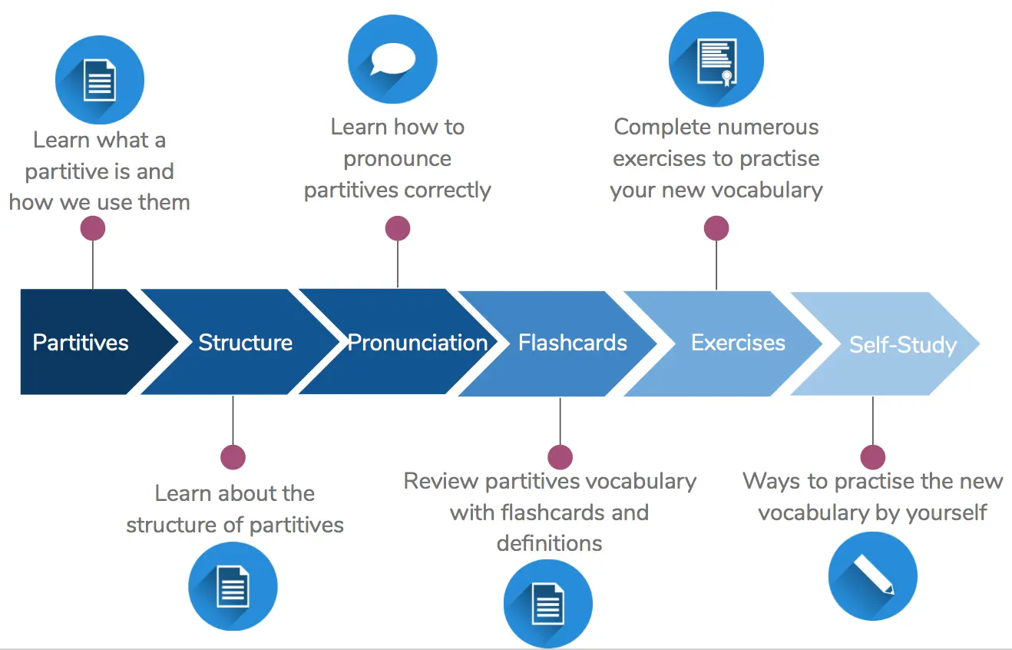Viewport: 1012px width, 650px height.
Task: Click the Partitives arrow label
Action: [x=81, y=343]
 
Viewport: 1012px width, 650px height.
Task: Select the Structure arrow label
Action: [x=245, y=343]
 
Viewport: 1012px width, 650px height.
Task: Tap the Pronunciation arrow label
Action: [x=418, y=343]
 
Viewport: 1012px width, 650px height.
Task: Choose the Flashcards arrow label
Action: [x=572, y=343]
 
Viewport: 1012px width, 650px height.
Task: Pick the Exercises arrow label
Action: [x=738, y=343]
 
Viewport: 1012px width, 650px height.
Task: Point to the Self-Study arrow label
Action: [x=903, y=345]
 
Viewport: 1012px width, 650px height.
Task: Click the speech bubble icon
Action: [x=392, y=59]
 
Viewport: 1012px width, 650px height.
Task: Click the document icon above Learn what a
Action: [x=100, y=80]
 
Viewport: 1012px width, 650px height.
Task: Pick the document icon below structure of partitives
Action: [x=233, y=586]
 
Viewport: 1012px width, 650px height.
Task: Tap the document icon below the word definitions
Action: [x=548, y=604]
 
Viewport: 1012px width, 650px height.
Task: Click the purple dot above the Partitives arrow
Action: [x=93, y=228]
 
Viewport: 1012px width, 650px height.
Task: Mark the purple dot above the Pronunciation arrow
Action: [x=398, y=228]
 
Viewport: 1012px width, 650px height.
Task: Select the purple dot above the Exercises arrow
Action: [x=716, y=228]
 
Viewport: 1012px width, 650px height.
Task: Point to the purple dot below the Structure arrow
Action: [x=233, y=457]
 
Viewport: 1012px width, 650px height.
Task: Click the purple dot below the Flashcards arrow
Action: [x=561, y=457]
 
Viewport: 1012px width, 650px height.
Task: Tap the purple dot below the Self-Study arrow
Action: [x=873, y=457]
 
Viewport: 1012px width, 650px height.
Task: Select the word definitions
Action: [x=549, y=543]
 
